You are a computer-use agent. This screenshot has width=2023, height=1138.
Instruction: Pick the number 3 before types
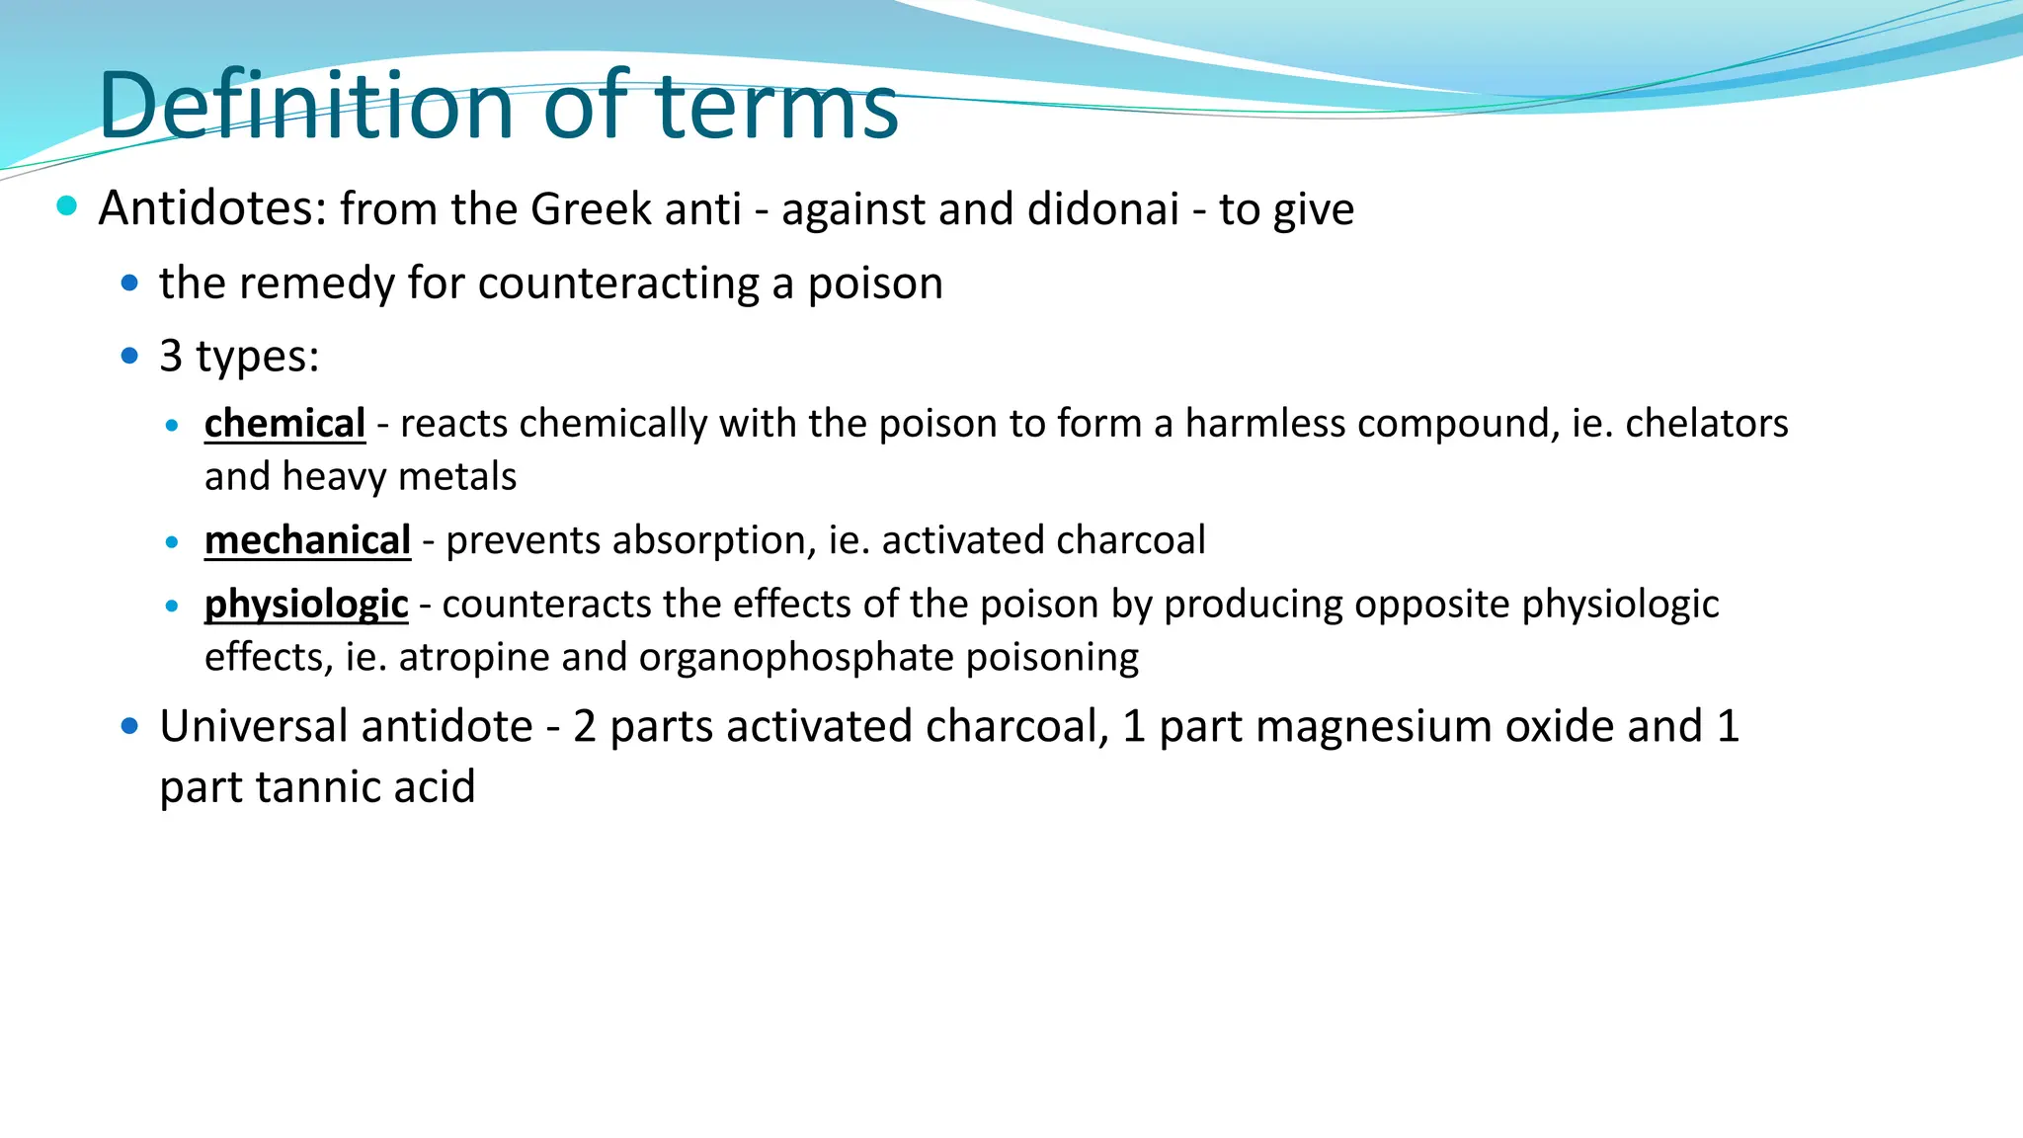pyautogui.click(x=171, y=356)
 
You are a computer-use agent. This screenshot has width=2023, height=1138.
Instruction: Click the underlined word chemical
pyautogui.click(x=284, y=423)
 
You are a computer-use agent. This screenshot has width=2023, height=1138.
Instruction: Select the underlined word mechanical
pyautogui.click(x=307, y=540)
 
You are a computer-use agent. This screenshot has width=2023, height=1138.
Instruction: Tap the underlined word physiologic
pyautogui.click(x=306, y=604)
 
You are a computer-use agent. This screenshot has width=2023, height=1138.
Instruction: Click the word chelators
pyautogui.click(x=1706, y=423)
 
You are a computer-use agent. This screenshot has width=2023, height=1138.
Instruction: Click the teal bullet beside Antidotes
pyautogui.click(x=67, y=205)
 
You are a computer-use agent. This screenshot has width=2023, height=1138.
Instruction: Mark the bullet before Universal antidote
pyautogui.click(x=129, y=726)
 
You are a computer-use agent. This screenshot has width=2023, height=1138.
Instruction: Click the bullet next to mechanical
pyautogui.click(x=173, y=542)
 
